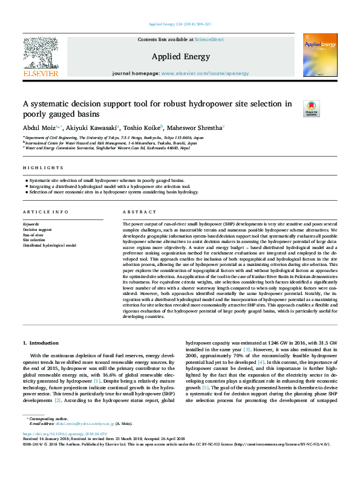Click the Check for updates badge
pos(311,108)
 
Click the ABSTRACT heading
pos(136,212)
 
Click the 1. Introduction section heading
pos(39,342)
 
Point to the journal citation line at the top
pos(180,24)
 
